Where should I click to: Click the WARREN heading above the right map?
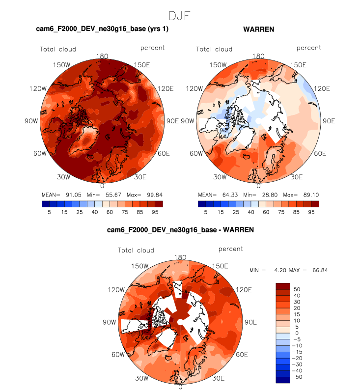point(258,29)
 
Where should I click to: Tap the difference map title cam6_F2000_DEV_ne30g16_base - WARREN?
point(180,229)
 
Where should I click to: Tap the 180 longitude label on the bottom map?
point(180,257)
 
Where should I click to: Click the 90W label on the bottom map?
point(110,322)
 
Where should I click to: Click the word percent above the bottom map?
point(230,249)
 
